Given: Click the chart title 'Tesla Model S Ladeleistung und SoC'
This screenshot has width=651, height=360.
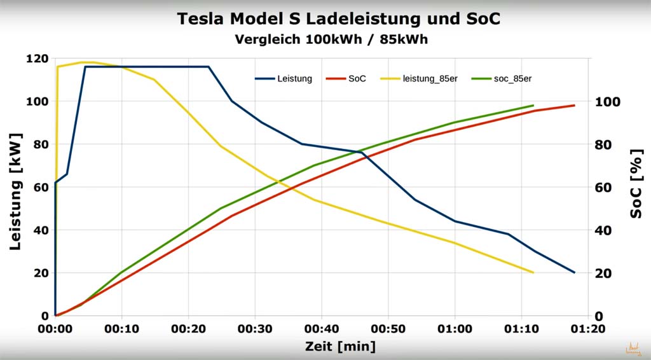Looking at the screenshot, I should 338,19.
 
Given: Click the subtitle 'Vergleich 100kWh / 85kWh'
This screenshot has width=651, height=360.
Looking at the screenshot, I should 331,39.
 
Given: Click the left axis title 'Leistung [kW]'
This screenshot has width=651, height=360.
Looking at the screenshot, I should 17,191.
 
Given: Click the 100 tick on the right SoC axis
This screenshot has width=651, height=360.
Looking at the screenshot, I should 606,102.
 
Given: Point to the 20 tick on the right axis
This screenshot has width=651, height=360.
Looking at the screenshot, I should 603,273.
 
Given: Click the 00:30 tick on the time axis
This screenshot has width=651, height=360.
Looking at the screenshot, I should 255,329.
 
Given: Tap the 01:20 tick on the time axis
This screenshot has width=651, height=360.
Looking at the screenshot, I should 587,329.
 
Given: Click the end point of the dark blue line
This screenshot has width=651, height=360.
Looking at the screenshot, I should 574,272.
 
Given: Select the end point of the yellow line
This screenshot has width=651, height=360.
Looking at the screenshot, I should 533,272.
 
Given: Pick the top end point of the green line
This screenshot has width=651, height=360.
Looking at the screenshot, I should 533,106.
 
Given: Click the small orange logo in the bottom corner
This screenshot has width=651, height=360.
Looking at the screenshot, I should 633,349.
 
